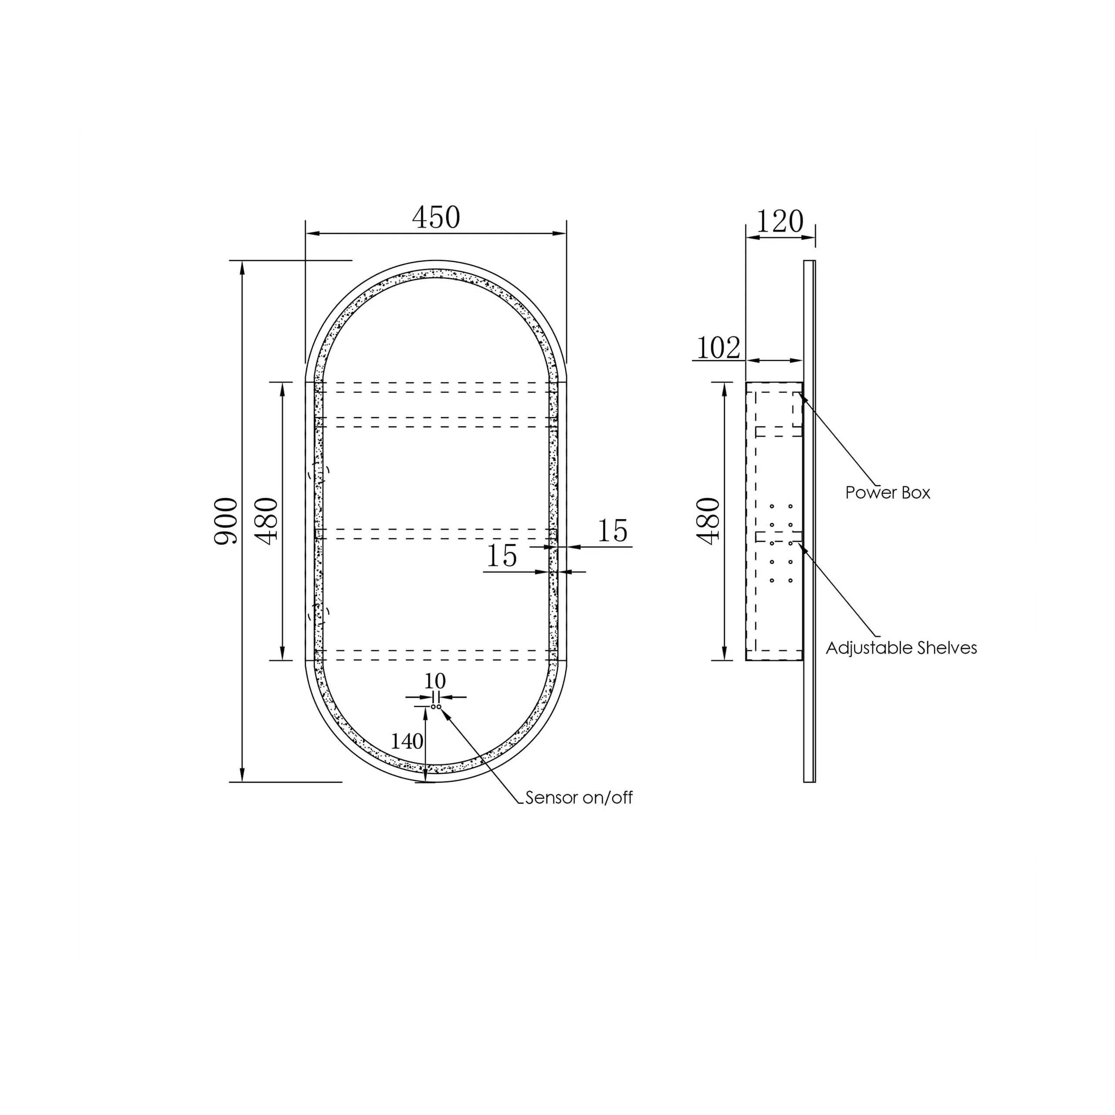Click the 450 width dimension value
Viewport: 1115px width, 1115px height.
(x=436, y=218)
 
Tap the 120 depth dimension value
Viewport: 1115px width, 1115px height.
(x=780, y=222)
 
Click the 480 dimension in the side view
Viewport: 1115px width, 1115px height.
(x=709, y=520)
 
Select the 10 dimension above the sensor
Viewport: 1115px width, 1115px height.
(x=435, y=681)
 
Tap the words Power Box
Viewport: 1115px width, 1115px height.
(x=888, y=492)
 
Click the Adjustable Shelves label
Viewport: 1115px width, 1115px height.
(x=902, y=648)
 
